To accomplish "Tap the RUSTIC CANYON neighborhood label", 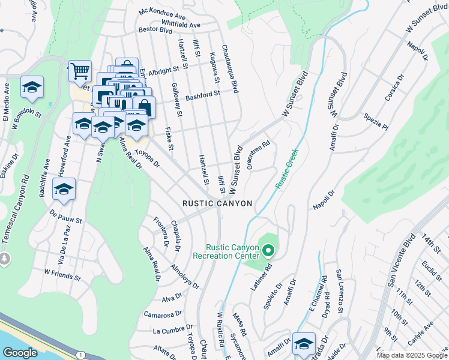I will pyautogui.click(x=217, y=204).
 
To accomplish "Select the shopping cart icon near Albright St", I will pyautogui.click(x=79, y=71).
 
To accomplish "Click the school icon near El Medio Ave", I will pyautogui.click(x=32, y=87).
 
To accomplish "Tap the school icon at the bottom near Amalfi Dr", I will pyautogui.click(x=304, y=343).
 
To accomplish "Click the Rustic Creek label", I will pyautogui.click(x=287, y=172).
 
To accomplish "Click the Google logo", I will pyautogui.click(x=20, y=353).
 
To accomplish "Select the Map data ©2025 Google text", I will pyautogui.click(x=411, y=356).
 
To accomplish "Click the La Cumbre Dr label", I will pyautogui.click(x=172, y=331).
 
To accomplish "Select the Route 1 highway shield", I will pyautogui.click(x=80, y=355).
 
